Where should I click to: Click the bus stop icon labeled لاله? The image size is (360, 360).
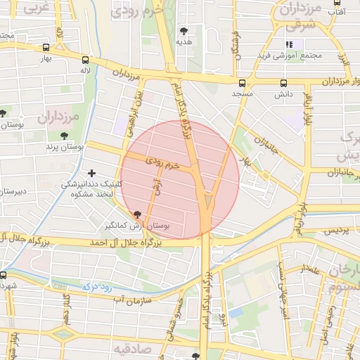click(x=85, y=60)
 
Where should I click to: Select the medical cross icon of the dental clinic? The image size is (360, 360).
click(x=91, y=172)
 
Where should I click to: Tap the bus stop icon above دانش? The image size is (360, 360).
click(x=283, y=82)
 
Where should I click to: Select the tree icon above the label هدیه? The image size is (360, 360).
click(x=184, y=31)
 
